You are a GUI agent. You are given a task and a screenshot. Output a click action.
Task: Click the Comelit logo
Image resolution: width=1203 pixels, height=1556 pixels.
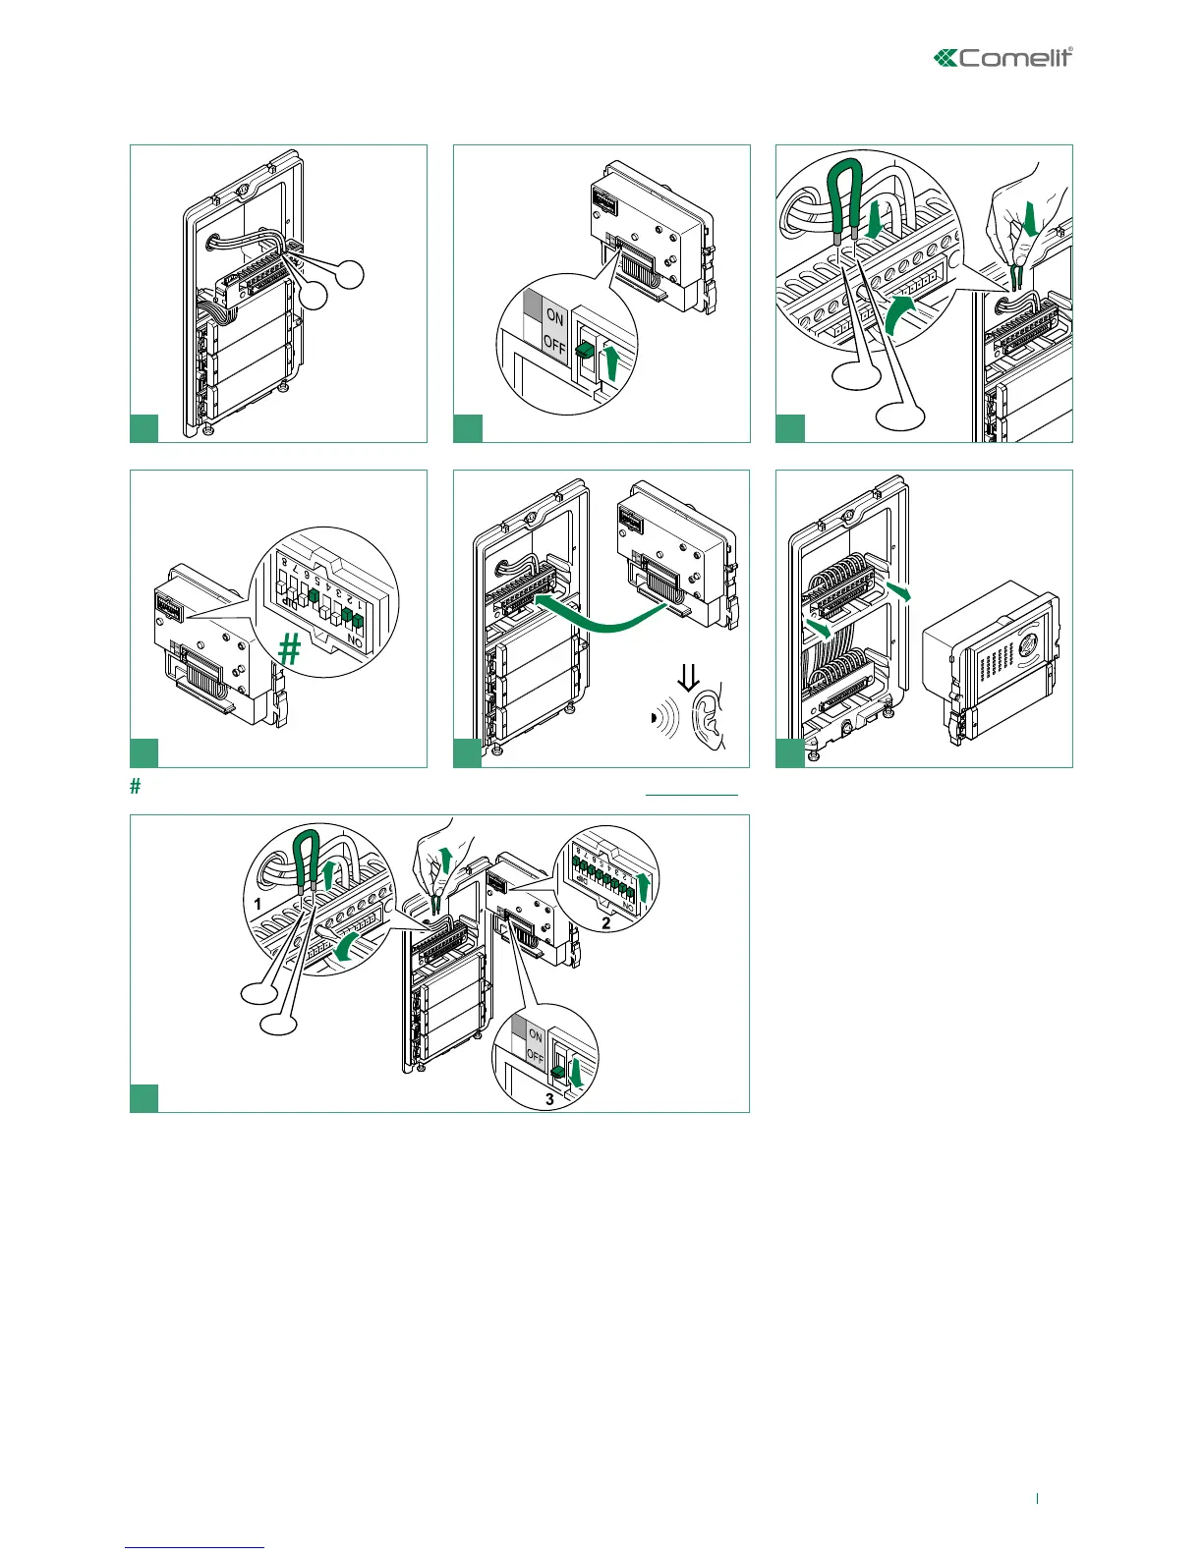[x=1002, y=58]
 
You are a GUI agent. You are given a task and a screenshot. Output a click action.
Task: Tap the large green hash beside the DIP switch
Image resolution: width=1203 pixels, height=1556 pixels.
[x=289, y=649]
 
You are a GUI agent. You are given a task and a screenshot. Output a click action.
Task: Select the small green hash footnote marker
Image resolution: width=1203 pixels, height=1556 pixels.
[x=138, y=786]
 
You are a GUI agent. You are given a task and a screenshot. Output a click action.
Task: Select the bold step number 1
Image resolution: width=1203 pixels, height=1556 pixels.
[x=258, y=902]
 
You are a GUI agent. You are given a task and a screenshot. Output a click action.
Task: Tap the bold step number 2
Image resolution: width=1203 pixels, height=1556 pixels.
[x=606, y=922]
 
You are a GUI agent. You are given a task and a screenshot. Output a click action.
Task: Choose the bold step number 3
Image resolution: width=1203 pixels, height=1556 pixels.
[x=549, y=1099]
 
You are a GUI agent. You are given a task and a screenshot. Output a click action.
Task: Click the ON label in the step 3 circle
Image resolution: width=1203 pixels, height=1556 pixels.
[x=536, y=1034]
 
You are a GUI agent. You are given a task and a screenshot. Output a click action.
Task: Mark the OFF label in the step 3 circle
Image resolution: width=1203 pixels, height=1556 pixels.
[x=536, y=1056]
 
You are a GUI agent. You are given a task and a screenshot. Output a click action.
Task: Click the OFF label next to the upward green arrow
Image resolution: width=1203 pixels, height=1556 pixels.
[x=554, y=344]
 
